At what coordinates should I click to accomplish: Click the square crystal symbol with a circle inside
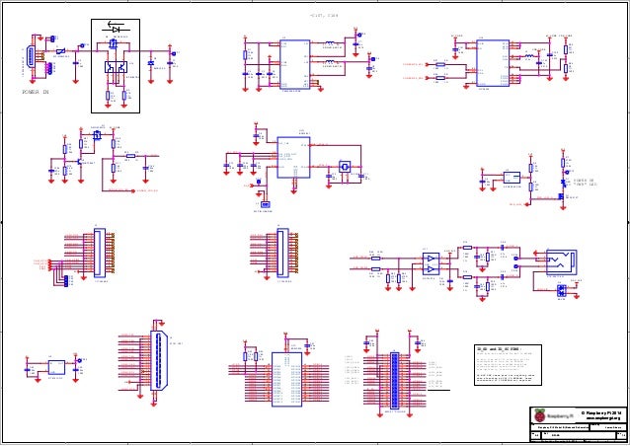[345, 167]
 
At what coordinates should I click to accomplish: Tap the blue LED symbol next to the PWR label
[564, 183]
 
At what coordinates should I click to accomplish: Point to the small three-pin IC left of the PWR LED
[512, 178]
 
